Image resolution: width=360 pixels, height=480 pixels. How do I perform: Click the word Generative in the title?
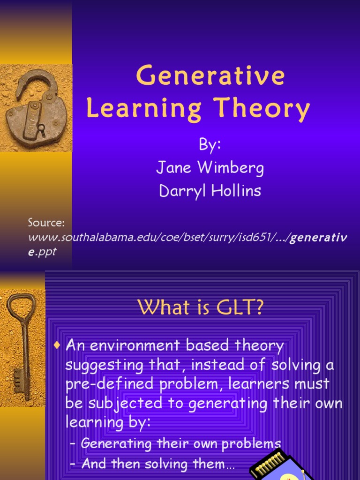[x=210, y=76]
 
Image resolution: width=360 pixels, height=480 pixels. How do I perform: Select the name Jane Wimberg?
[x=210, y=168]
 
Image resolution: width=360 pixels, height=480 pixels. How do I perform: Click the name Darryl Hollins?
[x=210, y=192]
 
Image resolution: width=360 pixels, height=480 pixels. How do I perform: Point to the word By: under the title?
[x=210, y=145]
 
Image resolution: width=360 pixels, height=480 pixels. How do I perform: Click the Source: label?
[x=46, y=222]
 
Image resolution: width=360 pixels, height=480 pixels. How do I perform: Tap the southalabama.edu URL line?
[x=187, y=238]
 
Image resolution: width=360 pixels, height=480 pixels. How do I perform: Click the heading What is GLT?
[x=201, y=307]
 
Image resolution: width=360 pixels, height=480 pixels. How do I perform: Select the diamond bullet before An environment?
[x=58, y=346]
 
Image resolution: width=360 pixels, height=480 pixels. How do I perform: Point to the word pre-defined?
[x=100, y=383]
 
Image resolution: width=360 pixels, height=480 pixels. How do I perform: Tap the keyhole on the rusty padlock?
[x=41, y=128]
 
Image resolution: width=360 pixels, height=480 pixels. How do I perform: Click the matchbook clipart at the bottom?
[x=277, y=466]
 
